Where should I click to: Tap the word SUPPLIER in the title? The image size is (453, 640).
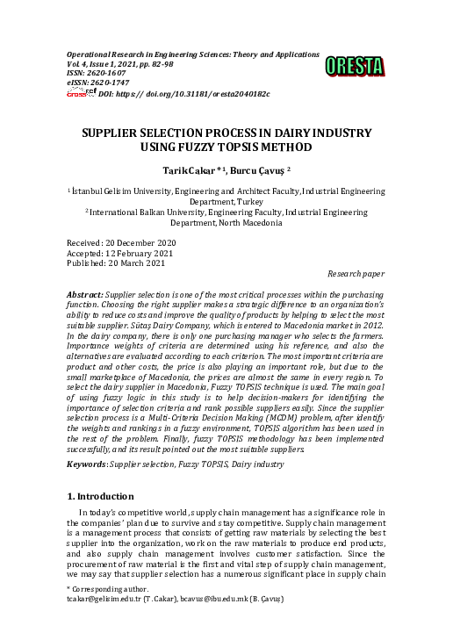113,133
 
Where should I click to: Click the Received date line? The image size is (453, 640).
122,242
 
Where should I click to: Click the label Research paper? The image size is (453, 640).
355,274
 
